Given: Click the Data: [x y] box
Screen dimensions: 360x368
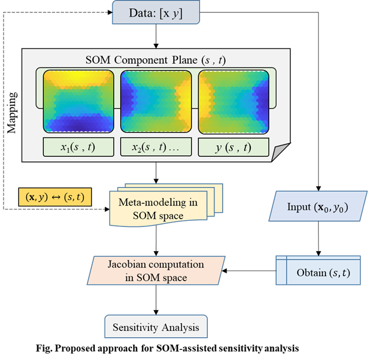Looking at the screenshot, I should pyautogui.click(x=156, y=12).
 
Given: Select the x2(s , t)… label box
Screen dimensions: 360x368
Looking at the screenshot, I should pyautogui.click(x=156, y=147).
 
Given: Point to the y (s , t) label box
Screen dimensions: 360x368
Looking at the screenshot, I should pyautogui.click(x=233, y=147).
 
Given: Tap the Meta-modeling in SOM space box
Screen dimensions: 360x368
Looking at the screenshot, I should pyautogui.click(x=158, y=209).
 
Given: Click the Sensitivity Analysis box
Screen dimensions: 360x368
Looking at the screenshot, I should pyautogui.click(x=156, y=327).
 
